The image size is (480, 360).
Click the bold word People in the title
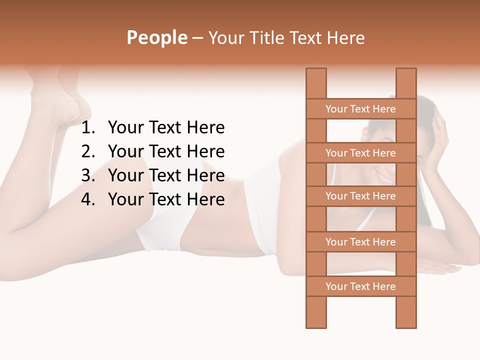(x=156, y=37)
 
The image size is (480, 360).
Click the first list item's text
(x=166, y=128)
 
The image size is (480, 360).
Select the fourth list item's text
(x=166, y=199)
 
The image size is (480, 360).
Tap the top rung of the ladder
(x=360, y=109)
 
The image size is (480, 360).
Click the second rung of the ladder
(x=360, y=153)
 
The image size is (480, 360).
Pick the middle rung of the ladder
(x=360, y=196)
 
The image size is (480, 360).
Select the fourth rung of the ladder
(x=360, y=242)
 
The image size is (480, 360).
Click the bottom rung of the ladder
(x=360, y=286)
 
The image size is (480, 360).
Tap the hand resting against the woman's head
(x=435, y=140)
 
